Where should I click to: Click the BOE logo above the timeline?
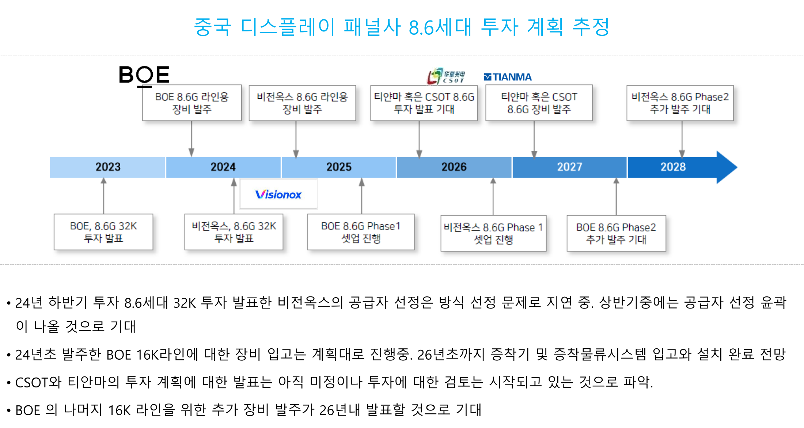tap(144, 76)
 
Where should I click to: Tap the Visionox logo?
tap(278, 194)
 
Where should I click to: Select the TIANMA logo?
tap(508, 77)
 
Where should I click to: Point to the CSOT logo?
tap(446, 76)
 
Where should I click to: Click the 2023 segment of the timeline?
tap(107, 167)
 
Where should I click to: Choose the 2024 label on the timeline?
tap(223, 167)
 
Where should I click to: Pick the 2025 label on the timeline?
tap(339, 167)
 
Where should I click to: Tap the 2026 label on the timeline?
tap(454, 167)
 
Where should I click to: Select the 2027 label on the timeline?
tap(569, 167)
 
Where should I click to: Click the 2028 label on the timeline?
tap(673, 167)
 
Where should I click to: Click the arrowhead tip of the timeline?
tap(737, 167)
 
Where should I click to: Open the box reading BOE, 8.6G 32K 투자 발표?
tap(103, 232)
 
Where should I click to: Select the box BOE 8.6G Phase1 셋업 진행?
tap(361, 232)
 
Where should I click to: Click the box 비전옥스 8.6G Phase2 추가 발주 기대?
tap(680, 103)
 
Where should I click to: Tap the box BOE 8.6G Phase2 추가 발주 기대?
tap(616, 233)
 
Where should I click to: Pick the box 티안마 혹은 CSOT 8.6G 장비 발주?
tap(539, 103)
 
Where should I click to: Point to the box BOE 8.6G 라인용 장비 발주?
tap(192, 103)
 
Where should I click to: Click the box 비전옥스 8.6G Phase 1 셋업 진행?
tap(493, 233)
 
